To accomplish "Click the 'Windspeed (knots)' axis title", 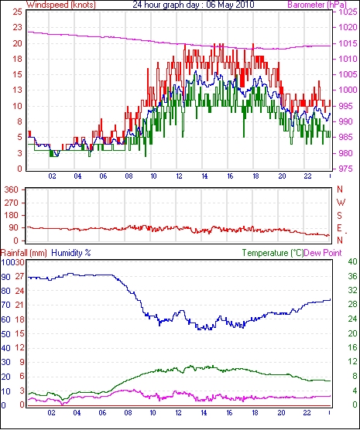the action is pos(61,5).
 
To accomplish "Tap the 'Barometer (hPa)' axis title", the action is pos(317,5).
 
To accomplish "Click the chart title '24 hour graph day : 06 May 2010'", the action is pos(194,5).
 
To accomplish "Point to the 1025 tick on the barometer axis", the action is pos(348,12).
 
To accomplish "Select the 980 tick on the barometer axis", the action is pos(347,153).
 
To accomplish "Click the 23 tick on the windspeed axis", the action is pos(17,27).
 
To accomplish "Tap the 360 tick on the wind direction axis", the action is pos(11,189).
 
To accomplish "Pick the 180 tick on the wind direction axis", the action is pos(11,215).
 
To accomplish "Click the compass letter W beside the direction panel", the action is pos(341,203).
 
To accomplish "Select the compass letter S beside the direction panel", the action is pos(340,216).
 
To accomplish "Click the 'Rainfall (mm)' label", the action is pos(24,253).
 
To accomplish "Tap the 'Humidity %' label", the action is pos(71,253).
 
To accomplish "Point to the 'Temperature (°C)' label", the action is pos(273,253).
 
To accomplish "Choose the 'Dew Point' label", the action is pos(323,253).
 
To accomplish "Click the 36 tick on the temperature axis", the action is pos(352,276).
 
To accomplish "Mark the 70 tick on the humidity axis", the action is pos(5,305).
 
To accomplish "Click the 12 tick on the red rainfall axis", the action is pos(20,348).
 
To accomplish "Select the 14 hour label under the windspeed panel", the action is pos(204,176).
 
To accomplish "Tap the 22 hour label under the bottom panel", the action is pos(307,413).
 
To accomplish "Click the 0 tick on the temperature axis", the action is pos(355,404).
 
